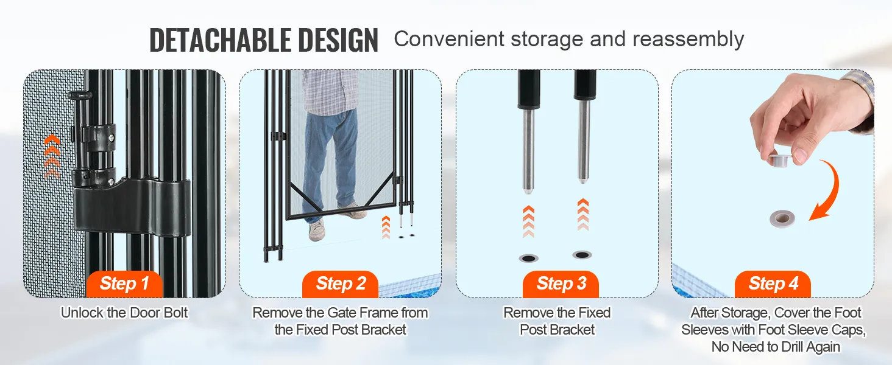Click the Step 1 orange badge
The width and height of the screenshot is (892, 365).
pyautogui.click(x=124, y=284)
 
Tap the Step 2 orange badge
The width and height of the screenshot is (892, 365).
pyautogui.click(x=341, y=284)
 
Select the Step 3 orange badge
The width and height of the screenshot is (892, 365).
pyautogui.click(x=561, y=284)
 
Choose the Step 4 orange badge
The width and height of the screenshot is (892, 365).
pyautogui.click(x=773, y=284)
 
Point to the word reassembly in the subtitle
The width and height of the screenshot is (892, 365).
pyautogui.click(x=688, y=40)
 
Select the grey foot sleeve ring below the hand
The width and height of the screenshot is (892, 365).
pyautogui.click(x=782, y=218)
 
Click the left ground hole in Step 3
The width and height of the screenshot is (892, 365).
pyautogui.click(x=528, y=259)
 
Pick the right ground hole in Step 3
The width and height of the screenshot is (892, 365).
pyautogui.click(x=582, y=254)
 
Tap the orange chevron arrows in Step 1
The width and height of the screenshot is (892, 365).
pyautogui.click(x=52, y=156)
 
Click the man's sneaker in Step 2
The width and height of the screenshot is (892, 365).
pyautogui.click(x=317, y=230)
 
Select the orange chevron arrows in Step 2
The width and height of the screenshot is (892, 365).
pyautogui.click(x=386, y=227)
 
